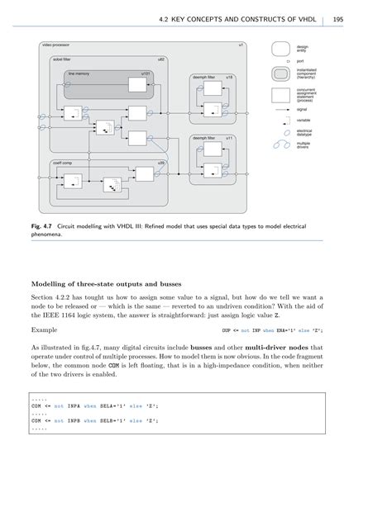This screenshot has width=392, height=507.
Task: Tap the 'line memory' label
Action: pos(78,73)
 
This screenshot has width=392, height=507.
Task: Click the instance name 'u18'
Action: pos(229,76)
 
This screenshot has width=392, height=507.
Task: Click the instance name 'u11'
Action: pos(229,138)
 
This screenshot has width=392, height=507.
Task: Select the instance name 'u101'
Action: pos(146,73)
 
